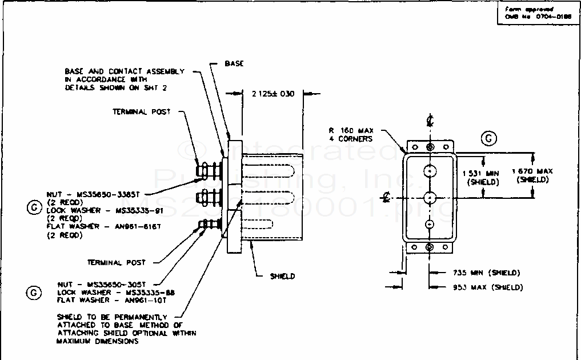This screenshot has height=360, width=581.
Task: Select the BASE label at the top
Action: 234,63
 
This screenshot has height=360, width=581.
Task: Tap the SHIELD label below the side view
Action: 283,276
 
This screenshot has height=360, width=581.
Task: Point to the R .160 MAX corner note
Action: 351,134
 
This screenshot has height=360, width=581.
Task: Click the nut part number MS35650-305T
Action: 118,284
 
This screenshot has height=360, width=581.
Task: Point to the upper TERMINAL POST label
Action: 141,111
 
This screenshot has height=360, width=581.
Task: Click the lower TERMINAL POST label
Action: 116,262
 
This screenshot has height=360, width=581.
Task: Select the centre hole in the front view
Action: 430,197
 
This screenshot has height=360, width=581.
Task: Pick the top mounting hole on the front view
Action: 430,147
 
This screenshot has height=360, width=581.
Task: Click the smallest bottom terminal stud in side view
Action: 207,225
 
